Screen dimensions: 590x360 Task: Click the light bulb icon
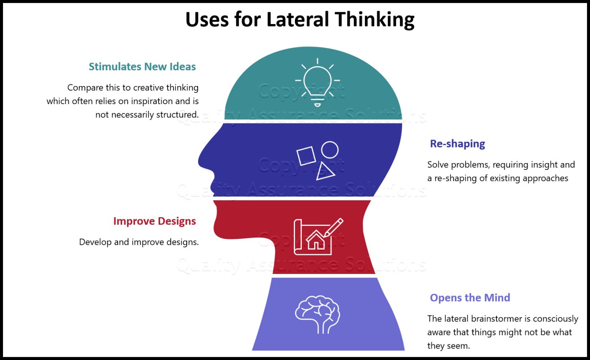[317, 82]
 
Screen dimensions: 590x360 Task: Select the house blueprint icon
[319, 236]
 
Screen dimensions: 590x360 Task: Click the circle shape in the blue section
[330, 150]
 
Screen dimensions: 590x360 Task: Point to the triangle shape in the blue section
[324, 172]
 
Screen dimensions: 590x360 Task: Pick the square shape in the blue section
[306, 156]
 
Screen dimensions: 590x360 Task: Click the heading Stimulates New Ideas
[142, 67]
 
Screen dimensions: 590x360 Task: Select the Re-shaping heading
[458, 144]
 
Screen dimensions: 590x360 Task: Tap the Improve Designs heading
[155, 221]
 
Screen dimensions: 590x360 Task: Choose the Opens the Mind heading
[470, 298]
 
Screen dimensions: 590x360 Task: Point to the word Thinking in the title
[375, 20]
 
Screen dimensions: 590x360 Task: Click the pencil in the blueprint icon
[334, 227]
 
